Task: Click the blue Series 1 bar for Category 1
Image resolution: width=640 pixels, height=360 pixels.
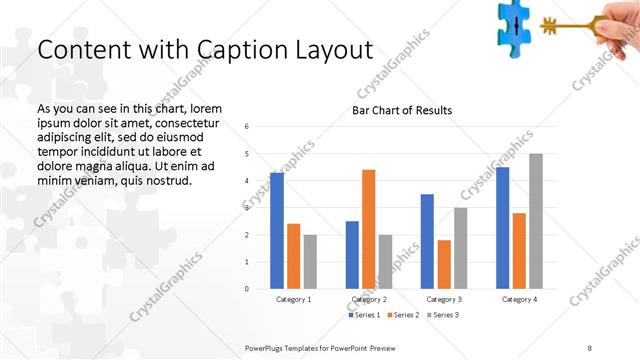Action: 277,231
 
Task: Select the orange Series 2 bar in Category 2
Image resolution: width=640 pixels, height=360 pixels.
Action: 368,229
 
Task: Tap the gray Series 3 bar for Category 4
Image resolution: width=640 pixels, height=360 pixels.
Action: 536,221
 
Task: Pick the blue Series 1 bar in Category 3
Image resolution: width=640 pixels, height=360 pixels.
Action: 427,241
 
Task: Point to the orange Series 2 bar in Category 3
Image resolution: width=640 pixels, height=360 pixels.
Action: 444,264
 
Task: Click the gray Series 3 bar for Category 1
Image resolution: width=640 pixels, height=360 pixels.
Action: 310,262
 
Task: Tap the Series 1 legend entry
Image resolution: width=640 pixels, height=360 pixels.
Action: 364,315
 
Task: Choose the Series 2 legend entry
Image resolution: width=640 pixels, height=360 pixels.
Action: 402,315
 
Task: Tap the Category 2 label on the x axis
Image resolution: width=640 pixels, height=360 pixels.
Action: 369,299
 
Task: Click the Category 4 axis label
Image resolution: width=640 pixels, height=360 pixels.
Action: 519,299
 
